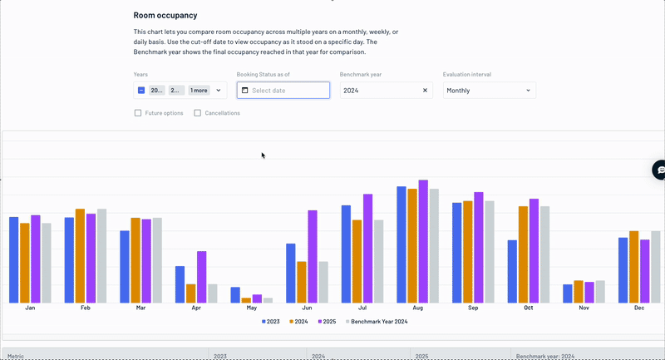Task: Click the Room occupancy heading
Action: [165, 15]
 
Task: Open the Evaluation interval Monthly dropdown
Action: [489, 91]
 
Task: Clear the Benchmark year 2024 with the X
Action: [425, 91]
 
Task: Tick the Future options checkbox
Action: [138, 113]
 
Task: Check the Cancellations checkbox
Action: [198, 113]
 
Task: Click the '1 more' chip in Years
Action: [199, 91]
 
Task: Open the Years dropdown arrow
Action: [219, 91]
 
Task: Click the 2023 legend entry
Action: [270, 321]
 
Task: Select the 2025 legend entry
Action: [327, 321]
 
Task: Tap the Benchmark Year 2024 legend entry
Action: [376, 321]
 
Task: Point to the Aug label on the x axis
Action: [418, 308]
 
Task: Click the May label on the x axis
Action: [252, 308]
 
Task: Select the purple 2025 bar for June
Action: [313, 256]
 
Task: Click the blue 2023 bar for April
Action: [180, 284]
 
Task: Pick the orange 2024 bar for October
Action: [523, 254]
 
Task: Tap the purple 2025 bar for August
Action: [423, 241]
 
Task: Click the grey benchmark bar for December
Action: [656, 266]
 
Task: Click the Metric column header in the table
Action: [16, 356]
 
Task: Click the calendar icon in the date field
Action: [245, 91]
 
